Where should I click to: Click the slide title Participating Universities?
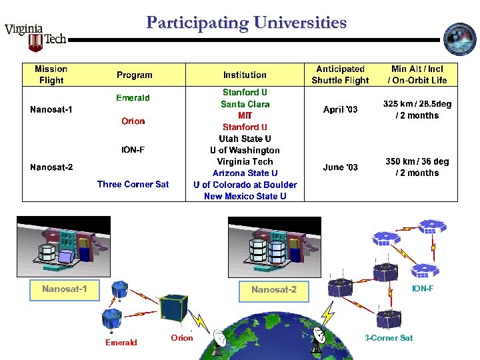247,23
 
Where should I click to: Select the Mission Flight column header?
51,75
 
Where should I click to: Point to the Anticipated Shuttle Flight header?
340,75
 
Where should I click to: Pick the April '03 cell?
340,109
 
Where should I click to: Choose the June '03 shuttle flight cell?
340,167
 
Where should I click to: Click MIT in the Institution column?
245,115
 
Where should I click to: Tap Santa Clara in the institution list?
245,104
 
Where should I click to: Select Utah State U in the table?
245,139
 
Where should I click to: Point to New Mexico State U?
245,196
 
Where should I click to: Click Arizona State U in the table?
245,173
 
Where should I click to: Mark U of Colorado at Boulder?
245,185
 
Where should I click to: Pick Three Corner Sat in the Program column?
133,184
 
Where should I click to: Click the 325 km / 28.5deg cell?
417,109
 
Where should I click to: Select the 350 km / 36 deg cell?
417,167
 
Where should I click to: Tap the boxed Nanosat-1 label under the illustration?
65,289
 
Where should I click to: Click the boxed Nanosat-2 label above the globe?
274,289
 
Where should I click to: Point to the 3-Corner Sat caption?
389,338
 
